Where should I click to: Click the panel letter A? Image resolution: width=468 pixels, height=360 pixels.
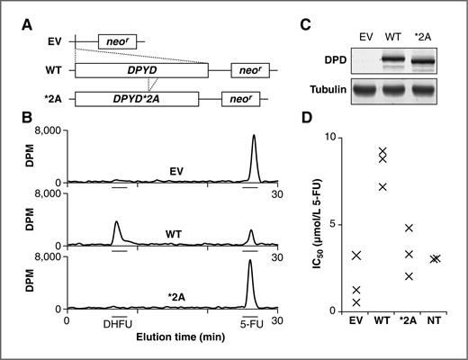(27, 25)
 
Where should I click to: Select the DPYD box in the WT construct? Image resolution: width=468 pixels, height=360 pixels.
(141, 70)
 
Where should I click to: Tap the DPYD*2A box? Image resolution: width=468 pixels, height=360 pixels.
(137, 99)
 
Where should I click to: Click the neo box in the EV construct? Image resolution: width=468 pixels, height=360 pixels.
(117, 41)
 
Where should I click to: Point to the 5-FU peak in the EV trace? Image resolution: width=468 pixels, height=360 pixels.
(254, 158)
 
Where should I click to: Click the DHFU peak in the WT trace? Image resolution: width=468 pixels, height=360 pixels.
(116, 233)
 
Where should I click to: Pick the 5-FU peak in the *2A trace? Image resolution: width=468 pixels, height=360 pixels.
(250, 283)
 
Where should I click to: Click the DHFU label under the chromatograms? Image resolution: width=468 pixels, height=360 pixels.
(118, 324)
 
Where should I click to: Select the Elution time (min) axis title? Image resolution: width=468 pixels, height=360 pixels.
(181, 337)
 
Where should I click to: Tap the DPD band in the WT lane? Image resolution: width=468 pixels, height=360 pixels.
(393, 60)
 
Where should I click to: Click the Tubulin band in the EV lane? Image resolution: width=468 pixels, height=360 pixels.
(364, 90)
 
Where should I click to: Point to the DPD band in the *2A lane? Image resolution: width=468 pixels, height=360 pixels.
(422, 61)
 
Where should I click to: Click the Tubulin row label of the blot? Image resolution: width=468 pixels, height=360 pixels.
(328, 89)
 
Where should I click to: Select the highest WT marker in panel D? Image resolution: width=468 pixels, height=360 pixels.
(382, 151)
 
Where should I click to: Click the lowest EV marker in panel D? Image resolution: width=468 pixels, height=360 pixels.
(356, 302)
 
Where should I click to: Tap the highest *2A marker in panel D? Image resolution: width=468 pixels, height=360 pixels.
(409, 228)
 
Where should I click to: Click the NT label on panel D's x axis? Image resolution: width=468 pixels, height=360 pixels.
(435, 320)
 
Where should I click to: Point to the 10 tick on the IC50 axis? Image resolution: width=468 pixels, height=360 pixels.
(331, 138)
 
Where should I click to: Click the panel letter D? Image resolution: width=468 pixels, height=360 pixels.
(307, 117)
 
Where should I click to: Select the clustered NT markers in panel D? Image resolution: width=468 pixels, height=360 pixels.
(435, 258)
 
